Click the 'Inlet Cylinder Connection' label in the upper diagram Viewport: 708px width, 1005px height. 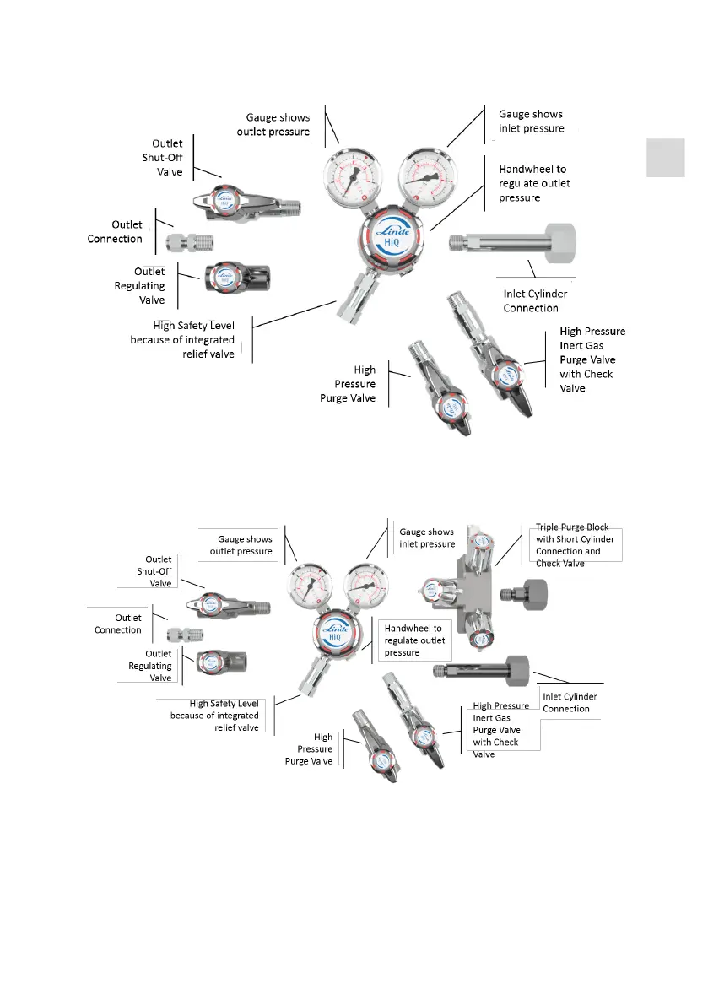(535, 300)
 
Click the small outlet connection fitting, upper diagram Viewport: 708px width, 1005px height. (189, 241)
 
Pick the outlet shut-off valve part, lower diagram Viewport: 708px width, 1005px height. (230, 603)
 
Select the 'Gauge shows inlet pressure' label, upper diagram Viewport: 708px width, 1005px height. (530, 121)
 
